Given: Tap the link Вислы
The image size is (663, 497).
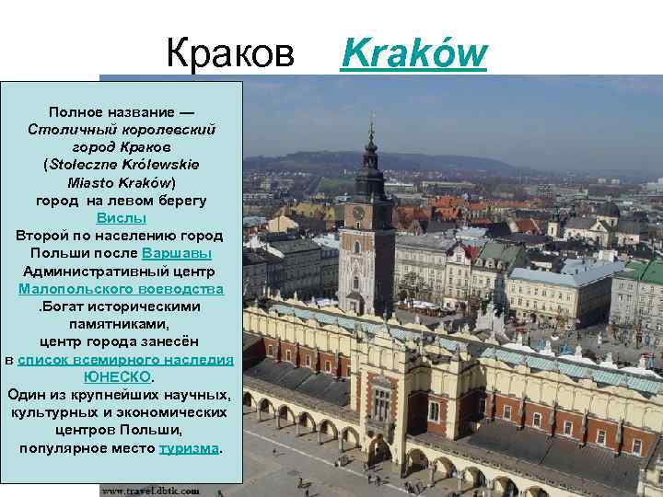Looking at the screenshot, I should click(122, 218).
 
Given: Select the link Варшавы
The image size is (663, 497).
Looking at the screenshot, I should click(177, 253).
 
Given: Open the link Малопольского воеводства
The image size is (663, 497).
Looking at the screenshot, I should click(122, 289).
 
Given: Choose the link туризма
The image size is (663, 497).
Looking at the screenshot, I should click(190, 448).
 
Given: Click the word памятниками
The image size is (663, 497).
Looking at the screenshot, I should click(122, 324).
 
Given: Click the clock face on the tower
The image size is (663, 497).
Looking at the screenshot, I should click(359, 213).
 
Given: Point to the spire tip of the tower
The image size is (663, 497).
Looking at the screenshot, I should click(372, 117).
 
